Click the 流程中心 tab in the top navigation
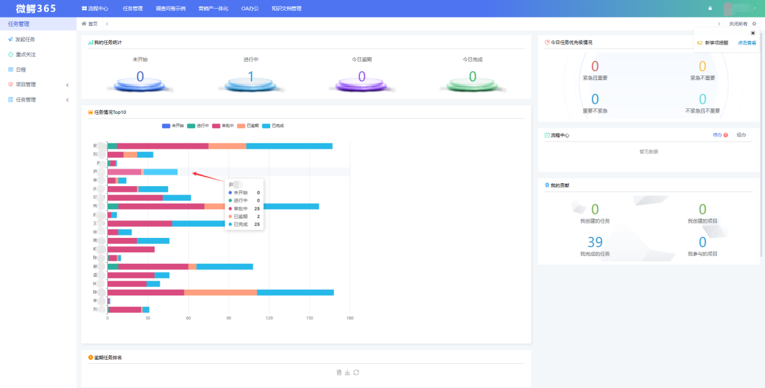[x=95, y=8]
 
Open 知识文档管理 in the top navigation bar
[x=286, y=8]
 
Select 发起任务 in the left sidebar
[x=25, y=39]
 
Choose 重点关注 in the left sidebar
[x=25, y=54]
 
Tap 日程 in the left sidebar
[x=20, y=69]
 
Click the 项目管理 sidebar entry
[x=25, y=84]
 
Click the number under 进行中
[x=251, y=77]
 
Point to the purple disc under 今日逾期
[x=362, y=84]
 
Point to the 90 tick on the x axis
[x=228, y=318]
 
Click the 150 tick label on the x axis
[x=310, y=318]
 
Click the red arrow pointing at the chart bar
[x=205, y=176]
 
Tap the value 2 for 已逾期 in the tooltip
[x=258, y=216]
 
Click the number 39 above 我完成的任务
[x=595, y=242]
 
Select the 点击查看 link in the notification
[x=747, y=43]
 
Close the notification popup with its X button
[x=752, y=33]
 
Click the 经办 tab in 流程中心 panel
[x=741, y=135]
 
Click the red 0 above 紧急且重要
[x=595, y=67]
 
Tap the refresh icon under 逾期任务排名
[x=356, y=372]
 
